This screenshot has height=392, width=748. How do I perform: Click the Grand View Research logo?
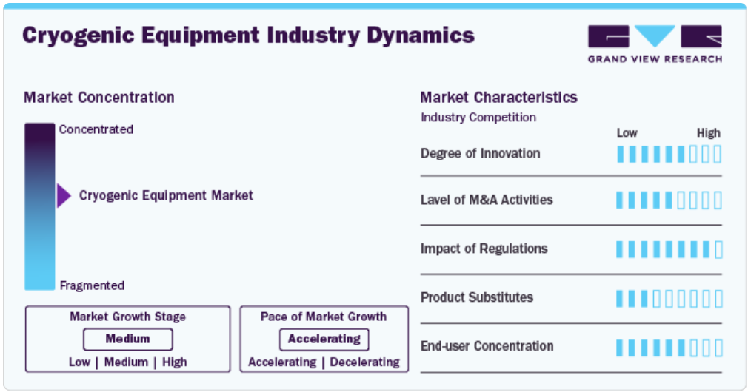point(655,44)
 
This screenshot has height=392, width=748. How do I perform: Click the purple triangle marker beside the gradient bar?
point(64,196)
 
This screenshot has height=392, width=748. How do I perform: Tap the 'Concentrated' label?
point(96,129)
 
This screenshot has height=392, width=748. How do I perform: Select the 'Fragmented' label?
point(92,285)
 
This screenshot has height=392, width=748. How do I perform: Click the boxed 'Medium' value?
point(128,339)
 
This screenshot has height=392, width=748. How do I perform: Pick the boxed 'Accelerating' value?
point(324,339)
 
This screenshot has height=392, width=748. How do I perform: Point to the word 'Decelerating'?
point(365,362)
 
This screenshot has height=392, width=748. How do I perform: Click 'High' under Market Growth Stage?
point(175,362)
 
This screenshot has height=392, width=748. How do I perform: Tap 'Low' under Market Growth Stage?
point(79,362)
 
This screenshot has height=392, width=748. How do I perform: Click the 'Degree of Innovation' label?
point(481,153)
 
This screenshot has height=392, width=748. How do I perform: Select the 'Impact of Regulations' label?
point(484,249)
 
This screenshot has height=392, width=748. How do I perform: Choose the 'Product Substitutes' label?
point(476,297)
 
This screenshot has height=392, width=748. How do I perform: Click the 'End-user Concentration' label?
point(487,346)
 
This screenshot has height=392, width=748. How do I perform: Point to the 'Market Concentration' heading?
point(98,97)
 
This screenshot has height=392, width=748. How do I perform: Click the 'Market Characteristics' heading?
point(498,97)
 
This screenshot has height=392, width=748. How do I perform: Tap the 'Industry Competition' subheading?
point(478,117)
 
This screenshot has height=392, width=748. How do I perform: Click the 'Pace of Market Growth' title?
point(324,317)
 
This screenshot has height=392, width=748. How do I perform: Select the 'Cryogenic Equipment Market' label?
point(166,195)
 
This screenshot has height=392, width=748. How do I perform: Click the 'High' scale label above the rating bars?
point(709,133)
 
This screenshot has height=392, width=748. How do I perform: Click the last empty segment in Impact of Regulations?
point(718,249)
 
